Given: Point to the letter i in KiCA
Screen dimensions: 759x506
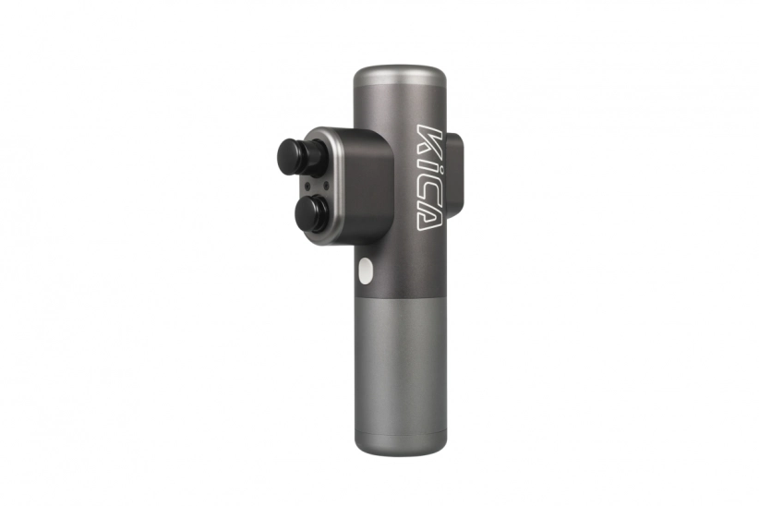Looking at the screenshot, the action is (x=428, y=165).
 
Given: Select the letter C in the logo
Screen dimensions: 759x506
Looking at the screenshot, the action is (x=428, y=190).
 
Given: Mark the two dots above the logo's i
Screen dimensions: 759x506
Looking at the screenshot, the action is (x=419, y=165).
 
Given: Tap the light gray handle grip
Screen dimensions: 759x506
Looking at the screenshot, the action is (x=400, y=368).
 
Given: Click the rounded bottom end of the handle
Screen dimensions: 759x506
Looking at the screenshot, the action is (x=400, y=448).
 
